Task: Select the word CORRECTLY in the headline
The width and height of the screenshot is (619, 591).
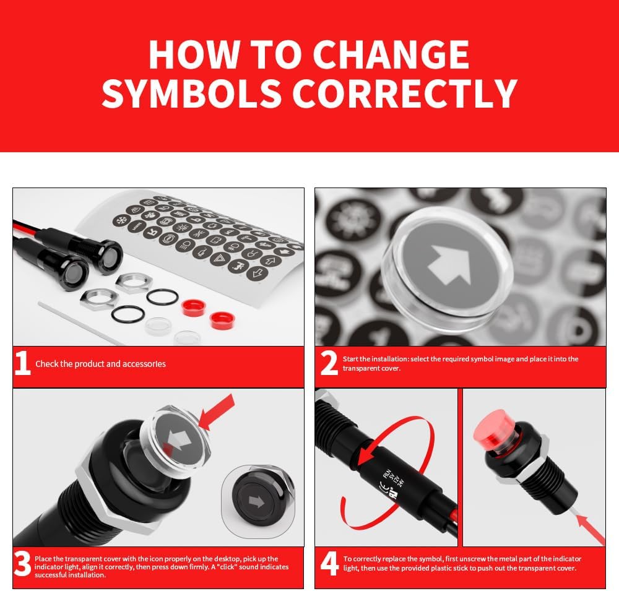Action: [x=405, y=93]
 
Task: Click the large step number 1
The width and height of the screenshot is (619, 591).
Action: [x=22, y=363]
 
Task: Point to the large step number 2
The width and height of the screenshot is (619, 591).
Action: [x=329, y=363]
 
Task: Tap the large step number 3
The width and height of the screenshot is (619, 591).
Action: [x=22, y=564]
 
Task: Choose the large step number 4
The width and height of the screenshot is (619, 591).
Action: [x=329, y=564]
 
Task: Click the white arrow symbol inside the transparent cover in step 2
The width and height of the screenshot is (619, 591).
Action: [x=451, y=264]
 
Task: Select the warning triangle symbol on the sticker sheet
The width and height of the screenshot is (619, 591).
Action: [x=219, y=259]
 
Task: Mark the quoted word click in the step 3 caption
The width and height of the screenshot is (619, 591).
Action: [x=227, y=567]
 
